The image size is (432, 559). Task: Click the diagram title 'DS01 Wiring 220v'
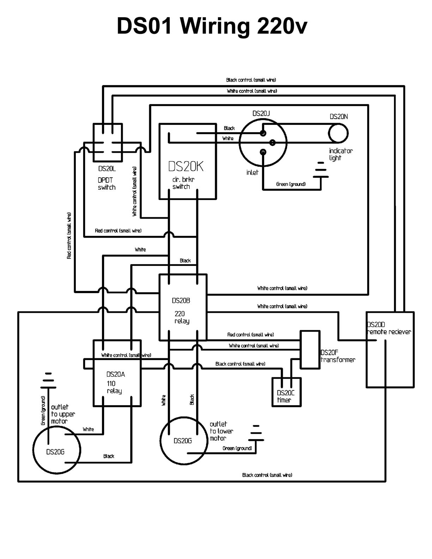tap(212, 26)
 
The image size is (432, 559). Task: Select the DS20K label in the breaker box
tap(185, 166)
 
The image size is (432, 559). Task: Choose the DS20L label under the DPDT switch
tap(107, 169)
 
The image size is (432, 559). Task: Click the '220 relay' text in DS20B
tap(182, 317)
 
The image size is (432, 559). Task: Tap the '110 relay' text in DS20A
tap(114, 387)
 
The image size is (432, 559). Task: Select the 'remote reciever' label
tap(389, 332)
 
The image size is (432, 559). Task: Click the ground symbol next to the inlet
tap(321, 170)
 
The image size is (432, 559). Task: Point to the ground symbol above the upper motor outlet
tap(48, 380)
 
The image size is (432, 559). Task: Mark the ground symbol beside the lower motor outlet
tap(256, 433)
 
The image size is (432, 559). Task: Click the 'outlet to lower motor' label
tap(221, 431)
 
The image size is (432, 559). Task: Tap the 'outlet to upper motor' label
tap(63, 414)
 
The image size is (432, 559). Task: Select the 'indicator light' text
tap(341, 154)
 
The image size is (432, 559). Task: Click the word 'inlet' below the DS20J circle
tap(252, 172)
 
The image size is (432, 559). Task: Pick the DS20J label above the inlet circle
tap(261, 114)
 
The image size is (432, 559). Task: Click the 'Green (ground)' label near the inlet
tap(291, 184)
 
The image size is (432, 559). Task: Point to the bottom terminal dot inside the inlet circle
tap(263, 152)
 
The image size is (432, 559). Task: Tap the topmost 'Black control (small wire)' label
tap(251, 80)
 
